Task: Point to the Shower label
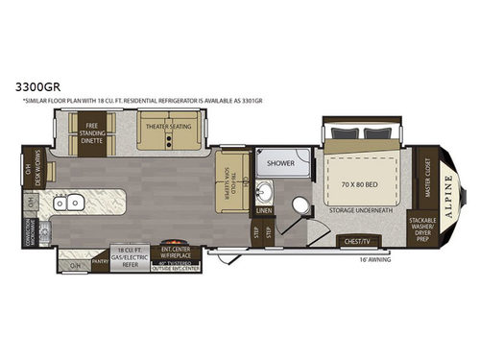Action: pyautogui.click(x=281, y=162)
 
